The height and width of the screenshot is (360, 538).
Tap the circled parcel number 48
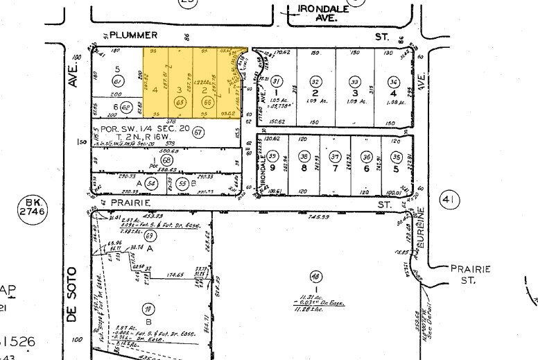(x=316, y=274)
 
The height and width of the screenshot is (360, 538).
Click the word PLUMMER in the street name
(x=134, y=35)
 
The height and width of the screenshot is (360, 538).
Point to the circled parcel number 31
(x=278, y=80)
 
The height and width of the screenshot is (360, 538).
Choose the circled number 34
(x=393, y=80)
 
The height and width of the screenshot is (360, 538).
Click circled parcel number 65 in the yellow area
(x=182, y=102)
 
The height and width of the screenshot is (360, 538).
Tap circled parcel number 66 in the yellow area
(x=206, y=102)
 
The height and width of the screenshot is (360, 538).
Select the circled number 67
(x=200, y=132)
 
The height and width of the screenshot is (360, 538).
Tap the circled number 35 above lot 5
(x=396, y=156)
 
